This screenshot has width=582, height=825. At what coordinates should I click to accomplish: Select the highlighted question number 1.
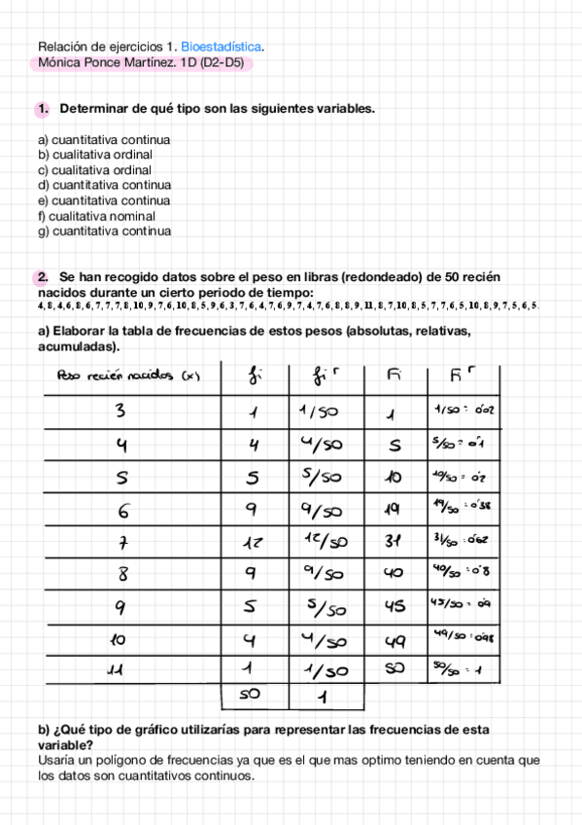pyautogui.click(x=43, y=110)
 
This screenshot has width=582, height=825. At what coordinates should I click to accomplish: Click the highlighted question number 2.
pyautogui.click(x=43, y=277)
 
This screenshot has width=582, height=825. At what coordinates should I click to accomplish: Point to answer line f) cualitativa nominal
pyautogui.click(x=96, y=216)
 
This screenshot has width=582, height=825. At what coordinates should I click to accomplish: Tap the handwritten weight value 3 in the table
pyautogui.click(x=120, y=411)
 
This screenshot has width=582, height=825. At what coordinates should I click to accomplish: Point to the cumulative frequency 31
pyautogui.click(x=394, y=542)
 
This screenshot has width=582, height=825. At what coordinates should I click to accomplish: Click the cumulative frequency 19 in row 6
pyautogui.click(x=394, y=509)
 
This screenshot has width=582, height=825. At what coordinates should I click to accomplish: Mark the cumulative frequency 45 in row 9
pyautogui.click(x=394, y=607)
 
